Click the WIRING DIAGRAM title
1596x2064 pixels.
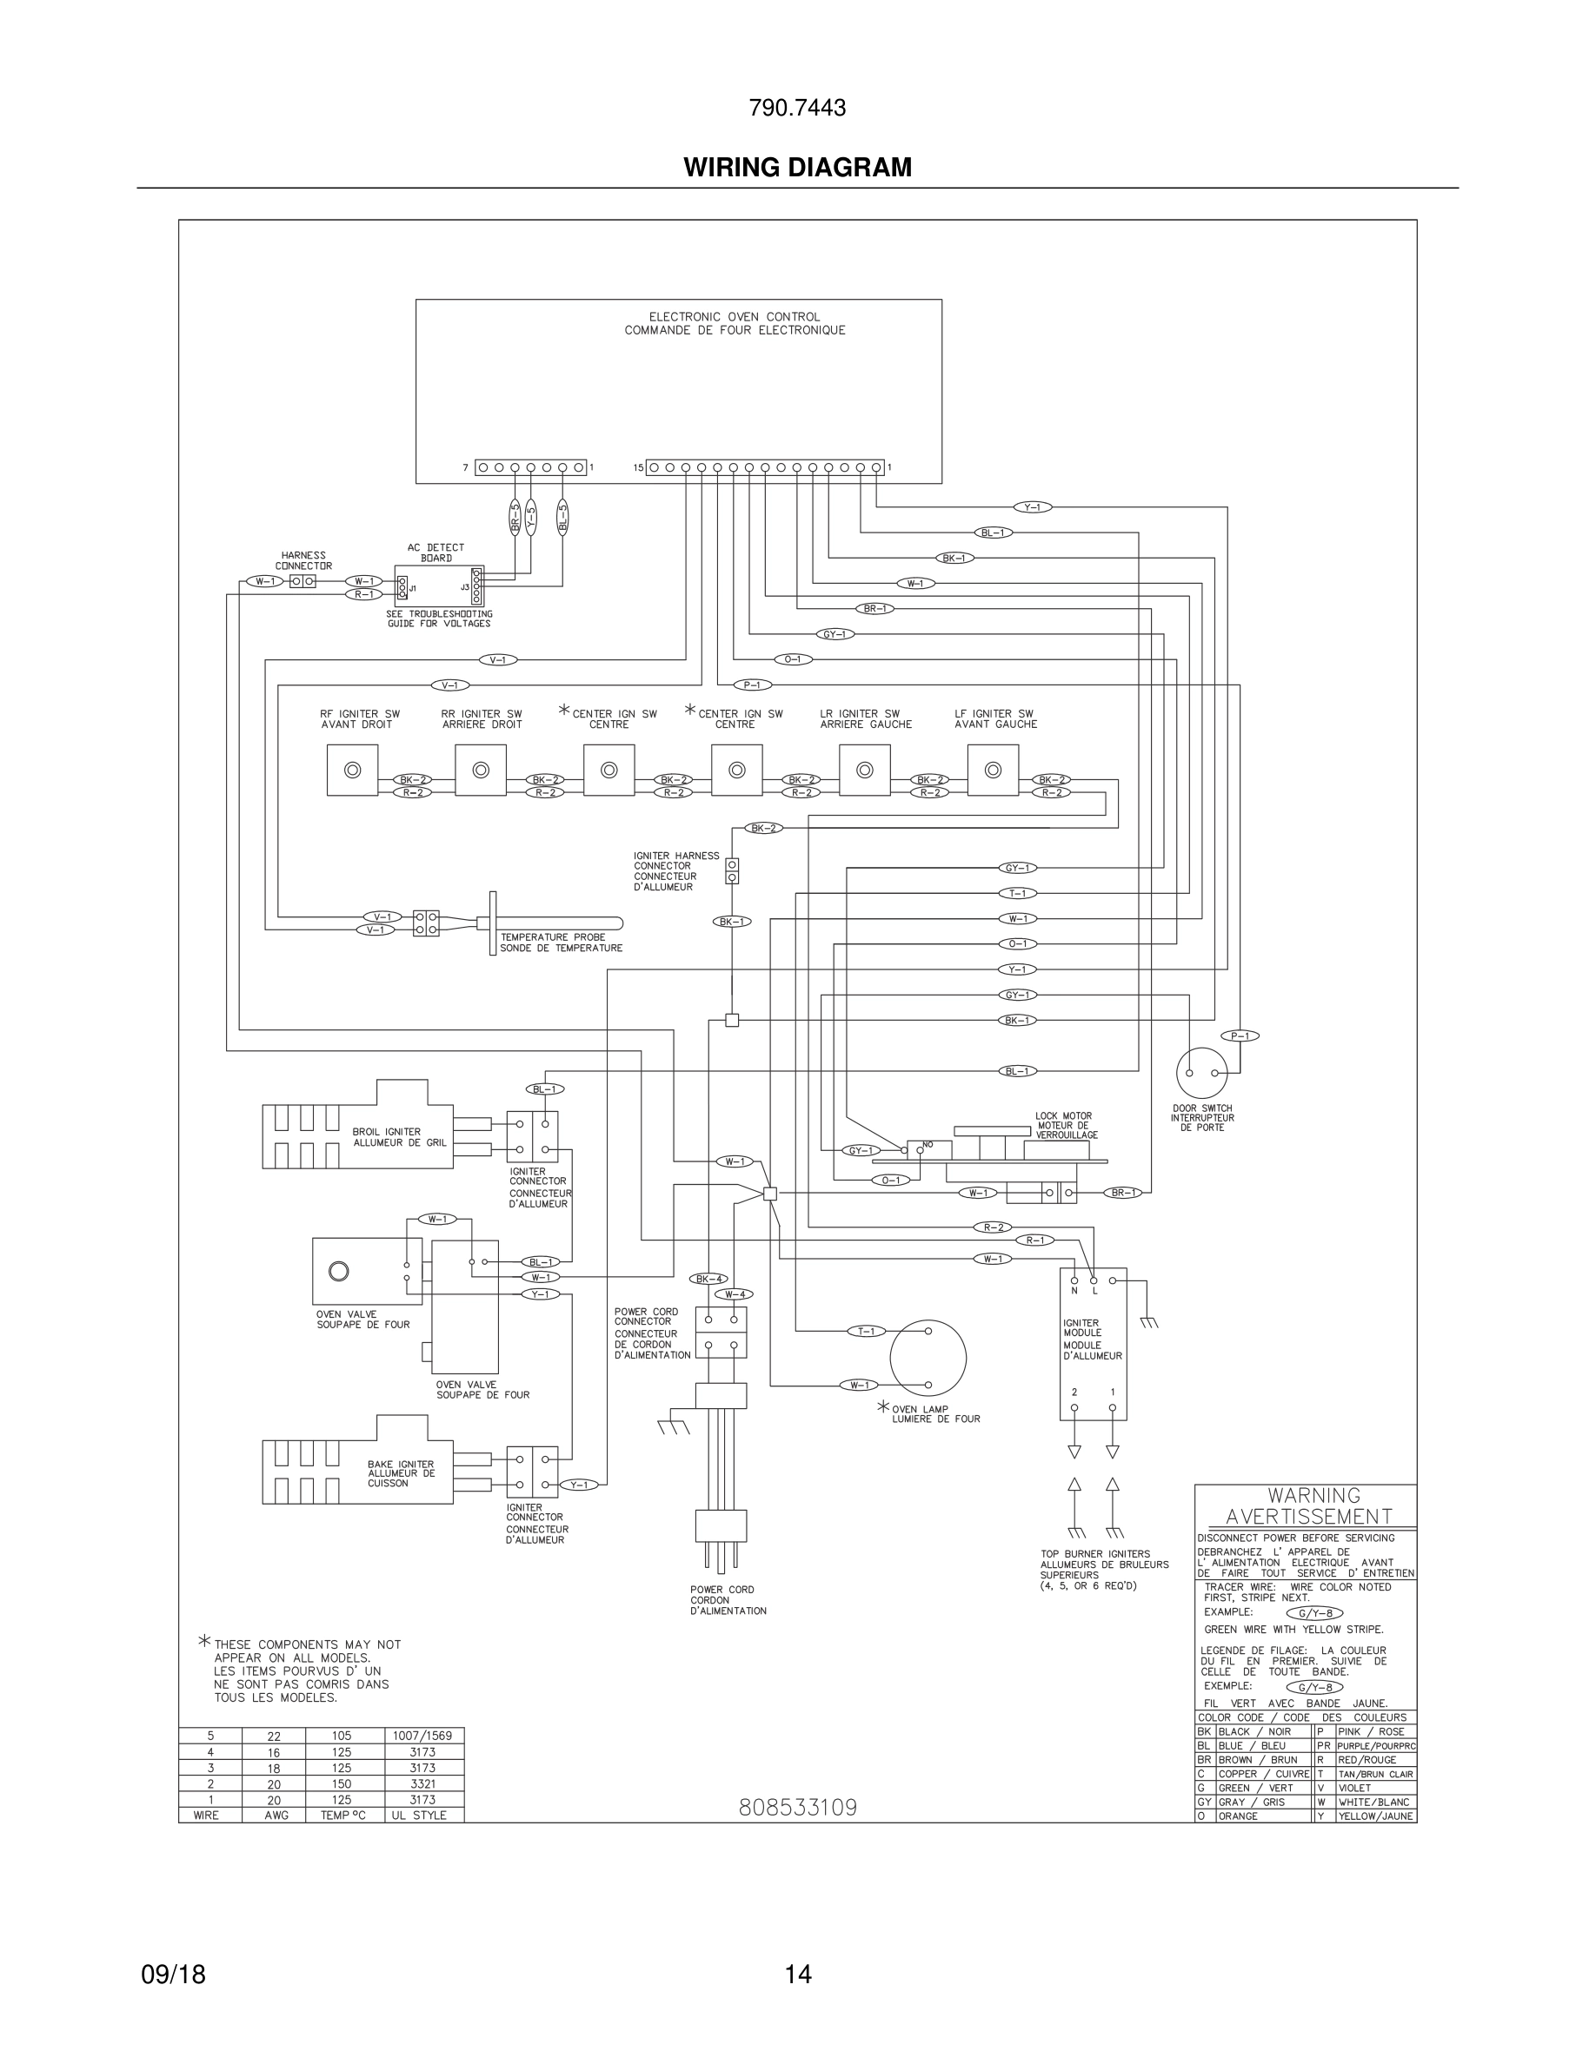click(797, 168)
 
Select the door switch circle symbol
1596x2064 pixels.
click(1201, 1073)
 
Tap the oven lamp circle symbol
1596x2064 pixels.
click(928, 1358)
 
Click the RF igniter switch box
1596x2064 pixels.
click(353, 771)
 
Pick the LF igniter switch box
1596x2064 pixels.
click(993, 771)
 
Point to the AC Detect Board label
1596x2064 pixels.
click(436, 552)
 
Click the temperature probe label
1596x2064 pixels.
click(561, 943)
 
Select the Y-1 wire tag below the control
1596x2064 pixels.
click(1033, 507)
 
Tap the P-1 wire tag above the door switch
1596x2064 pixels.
click(1240, 1035)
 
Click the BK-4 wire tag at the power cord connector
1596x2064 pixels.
click(709, 1279)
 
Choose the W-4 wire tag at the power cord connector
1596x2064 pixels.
click(735, 1293)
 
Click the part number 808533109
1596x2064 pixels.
click(797, 1807)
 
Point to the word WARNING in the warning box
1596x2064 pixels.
click(1313, 1495)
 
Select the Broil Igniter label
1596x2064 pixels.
click(387, 1137)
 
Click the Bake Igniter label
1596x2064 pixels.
click(401, 1473)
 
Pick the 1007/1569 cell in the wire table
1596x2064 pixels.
click(422, 1736)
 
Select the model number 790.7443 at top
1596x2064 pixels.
click(797, 109)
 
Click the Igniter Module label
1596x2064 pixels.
click(1092, 1340)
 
